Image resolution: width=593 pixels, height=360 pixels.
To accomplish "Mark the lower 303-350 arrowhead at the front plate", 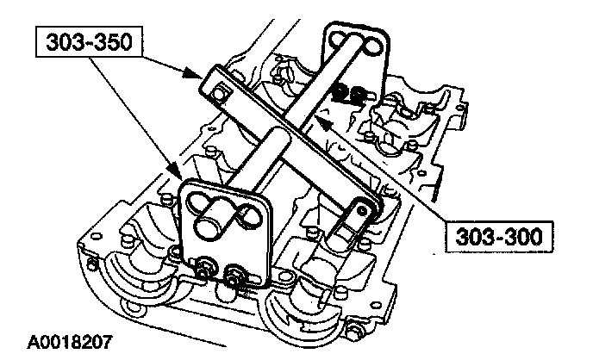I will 177,177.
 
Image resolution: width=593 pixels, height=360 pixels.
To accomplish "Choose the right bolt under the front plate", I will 234,276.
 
